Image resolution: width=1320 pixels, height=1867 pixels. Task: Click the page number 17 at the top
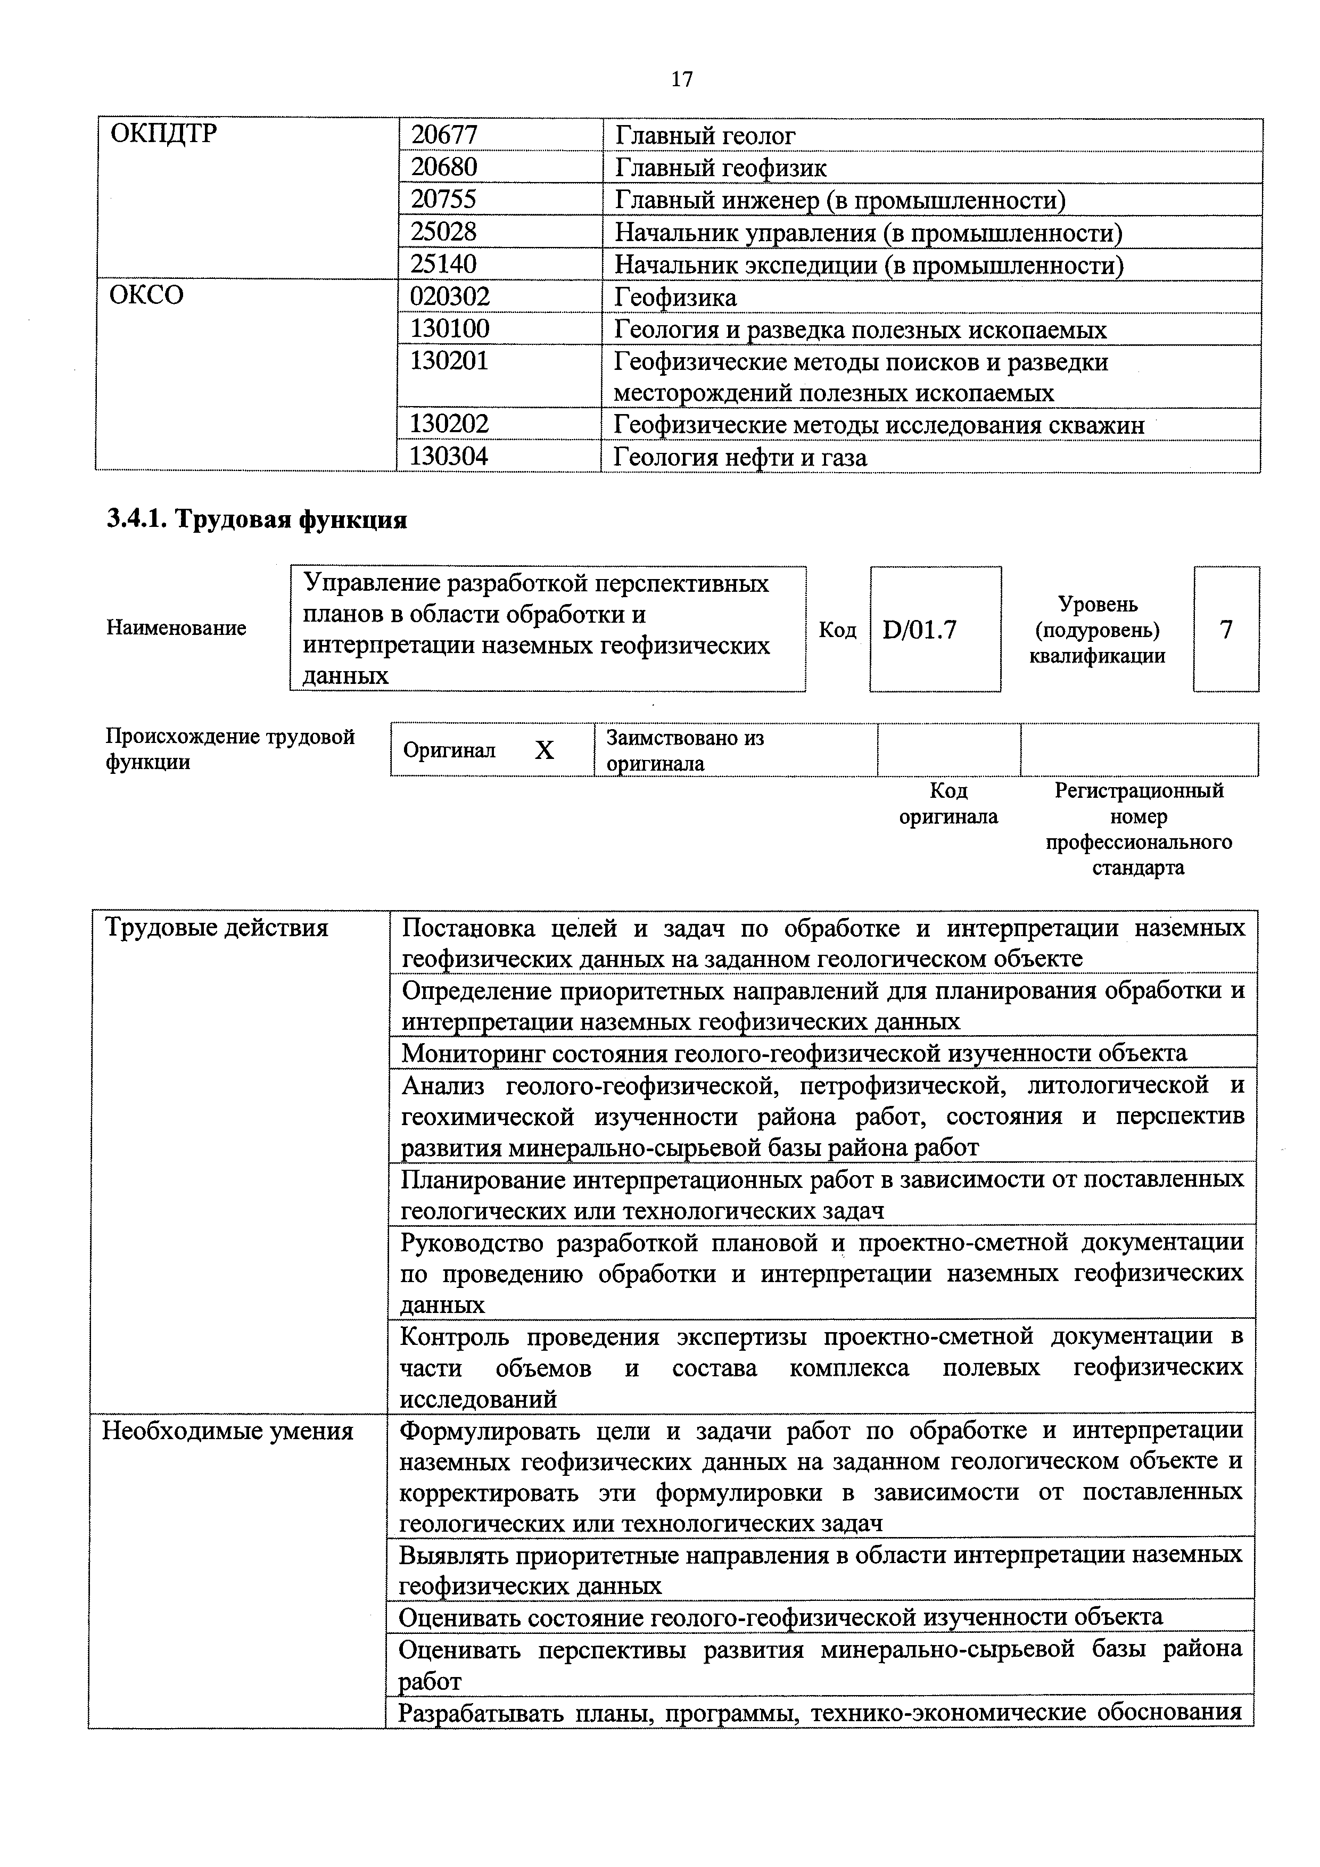click(681, 79)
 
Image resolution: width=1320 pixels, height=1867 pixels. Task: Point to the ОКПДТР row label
click(163, 134)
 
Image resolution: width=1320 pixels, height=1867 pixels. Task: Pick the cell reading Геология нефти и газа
click(740, 457)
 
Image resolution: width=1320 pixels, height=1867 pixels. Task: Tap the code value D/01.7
click(919, 630)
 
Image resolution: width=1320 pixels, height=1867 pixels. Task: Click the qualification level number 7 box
click(1226, 630)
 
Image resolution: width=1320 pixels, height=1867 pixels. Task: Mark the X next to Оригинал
click(544, 750)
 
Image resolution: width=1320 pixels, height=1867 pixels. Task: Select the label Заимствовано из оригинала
click(685, 750)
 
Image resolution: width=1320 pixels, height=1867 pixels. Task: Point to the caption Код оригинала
click(948, 804)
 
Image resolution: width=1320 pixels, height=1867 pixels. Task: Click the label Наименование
click(176, 628)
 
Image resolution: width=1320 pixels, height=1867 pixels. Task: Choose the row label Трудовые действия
click(216, 928)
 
